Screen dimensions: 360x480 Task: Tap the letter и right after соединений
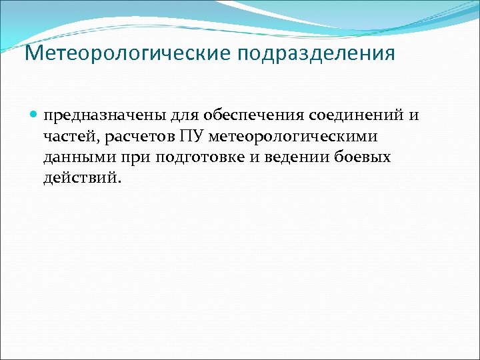[414, 116]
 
